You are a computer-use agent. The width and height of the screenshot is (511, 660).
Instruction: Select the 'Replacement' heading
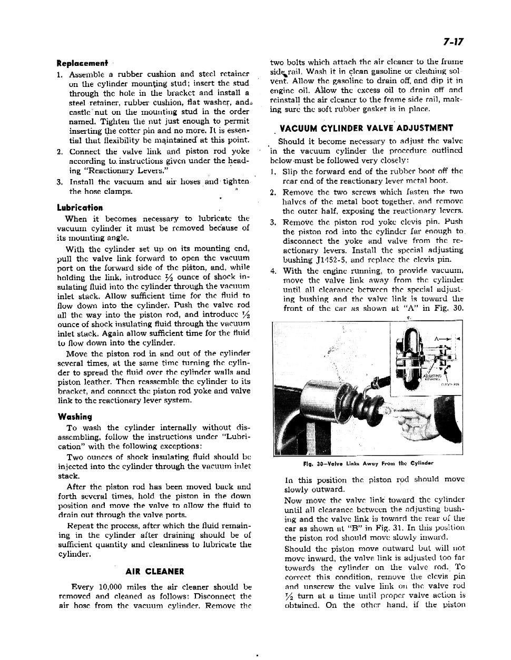coord(82,63)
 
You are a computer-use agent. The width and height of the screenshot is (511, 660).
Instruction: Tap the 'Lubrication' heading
coord(80,208)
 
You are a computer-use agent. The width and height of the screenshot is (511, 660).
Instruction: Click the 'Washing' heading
coord(74,417)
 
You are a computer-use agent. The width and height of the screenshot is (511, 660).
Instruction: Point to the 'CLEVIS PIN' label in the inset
coord(451,384)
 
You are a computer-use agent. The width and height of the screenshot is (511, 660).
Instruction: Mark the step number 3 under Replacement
coord(60,182)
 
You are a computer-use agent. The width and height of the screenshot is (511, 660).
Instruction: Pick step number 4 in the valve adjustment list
coord(273,272)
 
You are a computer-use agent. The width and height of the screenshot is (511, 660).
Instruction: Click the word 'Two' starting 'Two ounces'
coord(75,458)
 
